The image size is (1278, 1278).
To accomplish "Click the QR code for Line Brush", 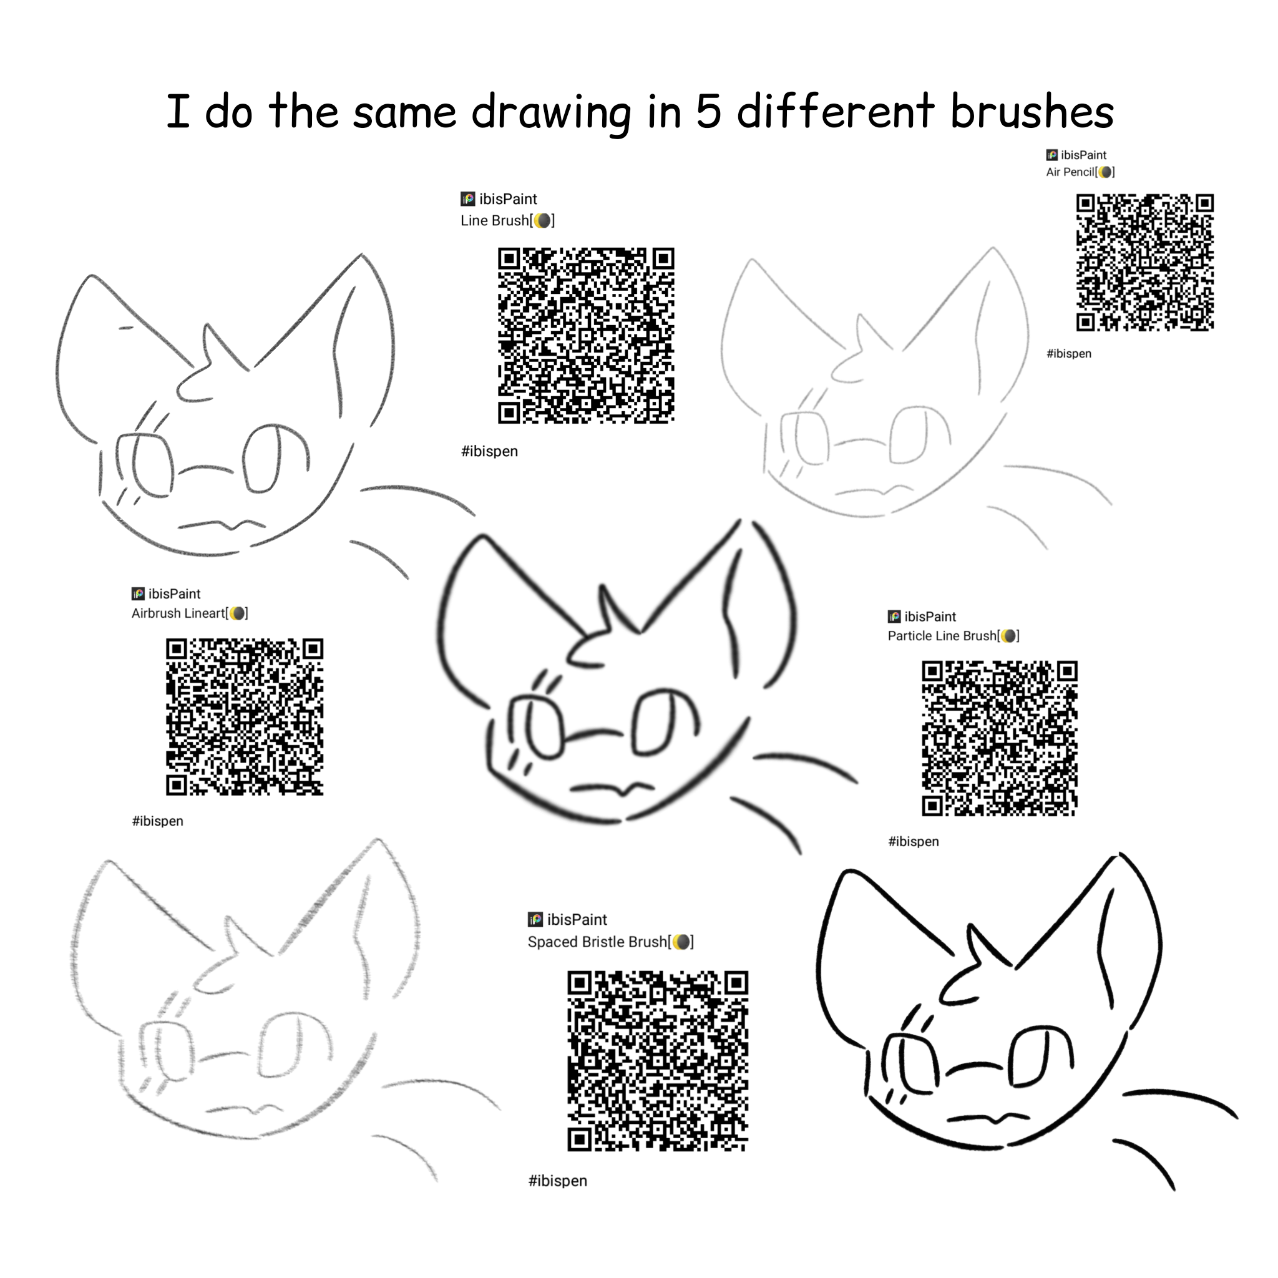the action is [586, 335].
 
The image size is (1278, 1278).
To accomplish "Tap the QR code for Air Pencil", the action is [1145, 262].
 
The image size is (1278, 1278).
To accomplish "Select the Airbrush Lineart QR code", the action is [245, 717].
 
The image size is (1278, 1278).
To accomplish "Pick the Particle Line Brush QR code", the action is [1000, 738].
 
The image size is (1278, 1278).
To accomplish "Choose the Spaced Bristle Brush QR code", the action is [658, 1061].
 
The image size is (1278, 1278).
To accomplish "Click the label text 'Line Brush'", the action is [495, 220].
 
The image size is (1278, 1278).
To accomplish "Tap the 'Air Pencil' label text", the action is [1070, 172].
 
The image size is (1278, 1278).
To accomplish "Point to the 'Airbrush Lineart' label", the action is [178, 613].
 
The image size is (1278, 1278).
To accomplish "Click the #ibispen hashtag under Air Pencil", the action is [1069, 354].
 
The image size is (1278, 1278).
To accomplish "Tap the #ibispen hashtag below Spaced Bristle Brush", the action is [558, 1181].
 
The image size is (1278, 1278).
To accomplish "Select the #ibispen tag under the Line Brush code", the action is [489, 451].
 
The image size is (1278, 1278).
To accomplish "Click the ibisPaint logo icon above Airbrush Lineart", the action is [137, 594].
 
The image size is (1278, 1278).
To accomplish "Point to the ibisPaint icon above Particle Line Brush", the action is [894, 617].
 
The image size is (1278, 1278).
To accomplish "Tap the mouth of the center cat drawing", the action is [612, 788].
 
